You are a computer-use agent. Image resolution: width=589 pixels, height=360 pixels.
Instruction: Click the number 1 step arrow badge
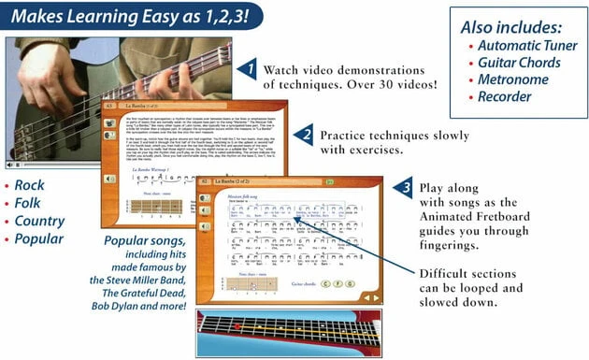tap(246, 68)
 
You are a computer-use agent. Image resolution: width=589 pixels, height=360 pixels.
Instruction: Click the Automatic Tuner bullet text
tap(525, 44)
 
